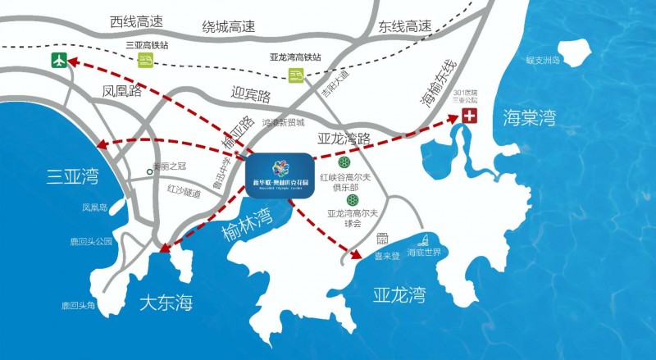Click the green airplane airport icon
[58, 60]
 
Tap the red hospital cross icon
[469, 116]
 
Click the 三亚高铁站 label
[145, 45]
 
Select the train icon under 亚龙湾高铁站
[294, 75]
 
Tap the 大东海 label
[165, 303]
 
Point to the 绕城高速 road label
[230, 26]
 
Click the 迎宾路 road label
[251, 96]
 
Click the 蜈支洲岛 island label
[542, 60]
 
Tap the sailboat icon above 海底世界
[426, 240]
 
